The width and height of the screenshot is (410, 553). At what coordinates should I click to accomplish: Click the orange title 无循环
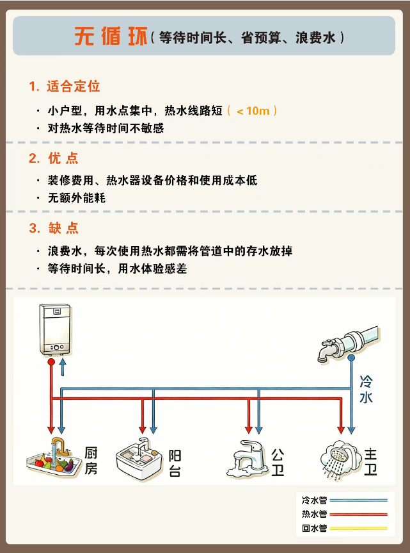(111, 37)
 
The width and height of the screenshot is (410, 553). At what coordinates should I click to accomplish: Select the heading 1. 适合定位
(65, 87)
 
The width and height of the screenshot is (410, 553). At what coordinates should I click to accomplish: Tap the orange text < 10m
(253, 111)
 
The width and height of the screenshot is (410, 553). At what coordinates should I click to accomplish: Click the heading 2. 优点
(54, 158)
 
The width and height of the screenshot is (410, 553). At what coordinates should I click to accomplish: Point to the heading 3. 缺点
(54, 228)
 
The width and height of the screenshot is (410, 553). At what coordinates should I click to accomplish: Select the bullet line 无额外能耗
(77, 198)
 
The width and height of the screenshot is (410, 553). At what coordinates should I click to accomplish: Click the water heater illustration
(56, 329)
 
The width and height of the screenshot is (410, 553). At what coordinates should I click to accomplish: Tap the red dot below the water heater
(51, 362)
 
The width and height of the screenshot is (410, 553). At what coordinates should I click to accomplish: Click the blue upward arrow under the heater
(63, 367)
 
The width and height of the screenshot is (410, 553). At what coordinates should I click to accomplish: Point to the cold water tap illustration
(349, 344)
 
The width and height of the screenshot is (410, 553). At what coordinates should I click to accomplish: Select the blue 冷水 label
(366, 390)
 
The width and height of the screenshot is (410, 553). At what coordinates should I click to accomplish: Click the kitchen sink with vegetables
(51, 458)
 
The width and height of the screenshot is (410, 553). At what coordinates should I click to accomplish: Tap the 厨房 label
(91, 461)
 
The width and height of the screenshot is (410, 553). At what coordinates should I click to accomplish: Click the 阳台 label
(175, 463)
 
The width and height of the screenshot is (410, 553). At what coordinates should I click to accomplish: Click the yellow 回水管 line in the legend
(359, 528)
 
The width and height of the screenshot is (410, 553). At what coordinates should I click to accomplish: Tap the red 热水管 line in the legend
(359, 514)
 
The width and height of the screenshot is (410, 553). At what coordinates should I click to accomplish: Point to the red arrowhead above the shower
(341, 430)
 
